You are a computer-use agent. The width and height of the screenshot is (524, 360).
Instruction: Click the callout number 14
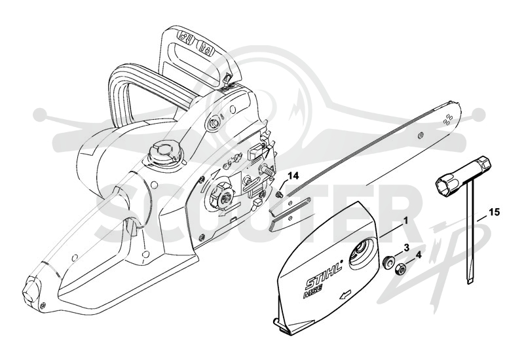pos(294,176)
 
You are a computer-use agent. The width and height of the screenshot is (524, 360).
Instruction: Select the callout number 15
pos(495,212)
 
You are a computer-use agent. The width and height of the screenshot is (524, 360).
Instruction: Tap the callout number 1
pos(405,221)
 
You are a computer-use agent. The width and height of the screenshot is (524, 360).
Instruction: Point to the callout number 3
pos(406,247)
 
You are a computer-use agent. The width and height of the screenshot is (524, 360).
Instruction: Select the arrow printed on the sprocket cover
pos(345,295)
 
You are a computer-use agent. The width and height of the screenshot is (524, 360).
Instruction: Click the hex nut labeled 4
pos(399,269)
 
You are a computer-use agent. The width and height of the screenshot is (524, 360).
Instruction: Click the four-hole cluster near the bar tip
pos(448,119)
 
